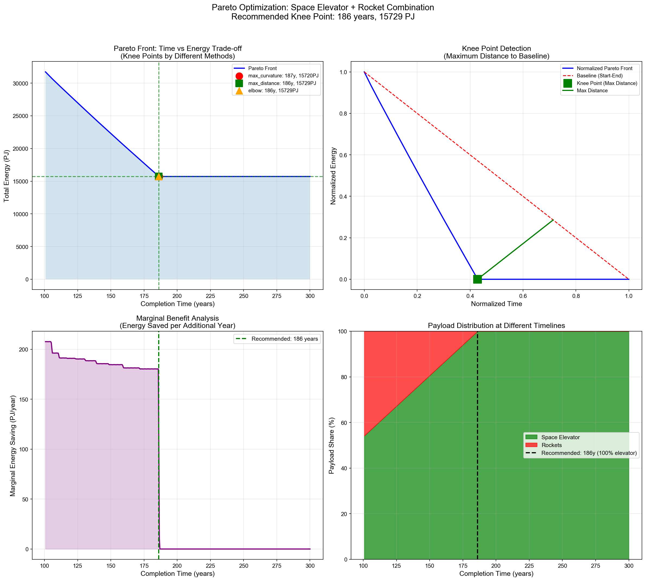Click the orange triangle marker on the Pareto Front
(159, 176)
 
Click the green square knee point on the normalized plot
(477, 279)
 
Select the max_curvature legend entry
(283, 76)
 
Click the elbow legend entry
(273, 91)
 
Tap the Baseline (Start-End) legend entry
(599, 76)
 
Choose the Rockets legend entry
(551, 445)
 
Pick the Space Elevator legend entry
(560, 437)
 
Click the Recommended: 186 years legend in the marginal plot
(284, 339)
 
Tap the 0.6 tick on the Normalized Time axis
(523, 296)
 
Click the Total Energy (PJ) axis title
(7, 176)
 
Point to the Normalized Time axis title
(496, 304)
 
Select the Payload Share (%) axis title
(331, 445)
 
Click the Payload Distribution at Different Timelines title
(496, 326)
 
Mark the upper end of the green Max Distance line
(553, 220)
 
